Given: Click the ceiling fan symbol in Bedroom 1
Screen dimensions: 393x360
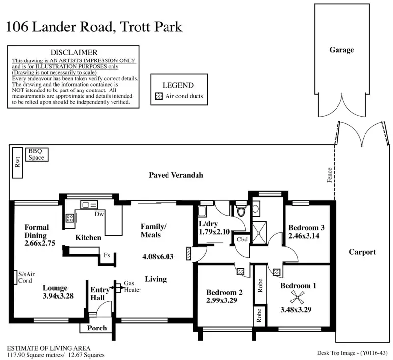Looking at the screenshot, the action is [297, 297].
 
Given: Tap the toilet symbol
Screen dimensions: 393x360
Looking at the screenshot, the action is [241, 210].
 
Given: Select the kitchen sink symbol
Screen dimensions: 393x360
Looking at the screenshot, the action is [89, 205].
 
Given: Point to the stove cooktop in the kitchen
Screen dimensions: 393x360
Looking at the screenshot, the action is [70, 218].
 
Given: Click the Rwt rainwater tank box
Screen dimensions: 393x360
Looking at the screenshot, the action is [18, 163].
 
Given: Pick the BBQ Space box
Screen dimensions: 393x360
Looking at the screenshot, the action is [36, 154].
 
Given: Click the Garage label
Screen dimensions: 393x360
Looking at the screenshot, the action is [341, 50].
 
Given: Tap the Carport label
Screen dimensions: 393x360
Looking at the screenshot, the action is [363, 252].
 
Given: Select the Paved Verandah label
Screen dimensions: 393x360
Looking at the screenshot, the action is [176, 175].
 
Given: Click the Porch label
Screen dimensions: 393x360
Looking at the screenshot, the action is [97, 328].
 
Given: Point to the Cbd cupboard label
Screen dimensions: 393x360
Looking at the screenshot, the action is [242, 240].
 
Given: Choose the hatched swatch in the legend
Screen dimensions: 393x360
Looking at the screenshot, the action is [159, 96].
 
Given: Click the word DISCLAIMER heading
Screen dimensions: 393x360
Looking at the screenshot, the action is [74, 52].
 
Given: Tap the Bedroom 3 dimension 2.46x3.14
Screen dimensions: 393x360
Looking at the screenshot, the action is [304, 236].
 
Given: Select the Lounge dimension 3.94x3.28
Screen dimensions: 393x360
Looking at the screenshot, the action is [58, 296].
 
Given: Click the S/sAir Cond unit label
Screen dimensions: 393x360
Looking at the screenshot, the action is [26, 277].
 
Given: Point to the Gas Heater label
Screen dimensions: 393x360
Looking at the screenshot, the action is [133, 287].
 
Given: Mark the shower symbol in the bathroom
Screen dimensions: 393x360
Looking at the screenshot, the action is [259, 233].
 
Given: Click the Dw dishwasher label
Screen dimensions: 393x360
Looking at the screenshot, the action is [99, 214].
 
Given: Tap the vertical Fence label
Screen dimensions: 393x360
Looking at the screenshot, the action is [330, 175].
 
